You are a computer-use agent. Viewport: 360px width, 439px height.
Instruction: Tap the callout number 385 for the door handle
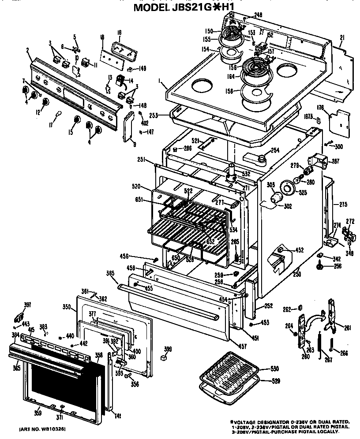[x=110, y=273]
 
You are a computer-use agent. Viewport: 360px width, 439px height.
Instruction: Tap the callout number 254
[x=275, y=151]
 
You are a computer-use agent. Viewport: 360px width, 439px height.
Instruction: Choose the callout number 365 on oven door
[x=16, y=368]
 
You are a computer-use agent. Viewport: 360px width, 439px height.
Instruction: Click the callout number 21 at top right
[x=341, y=38]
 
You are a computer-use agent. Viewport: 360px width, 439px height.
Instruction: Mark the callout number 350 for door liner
[x=67, y=305]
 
